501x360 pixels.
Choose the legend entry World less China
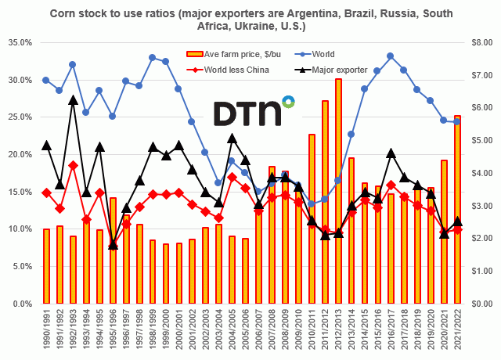235,70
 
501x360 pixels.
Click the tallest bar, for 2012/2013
338,192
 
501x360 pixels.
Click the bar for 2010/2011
312,219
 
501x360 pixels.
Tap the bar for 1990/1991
46,266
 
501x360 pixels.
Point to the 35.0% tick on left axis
20,42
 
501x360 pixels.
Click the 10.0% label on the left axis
20,229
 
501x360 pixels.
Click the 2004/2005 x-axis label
232,329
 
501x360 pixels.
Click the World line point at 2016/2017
391,56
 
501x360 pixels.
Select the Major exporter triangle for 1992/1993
73,100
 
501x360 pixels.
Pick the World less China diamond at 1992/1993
73,165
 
